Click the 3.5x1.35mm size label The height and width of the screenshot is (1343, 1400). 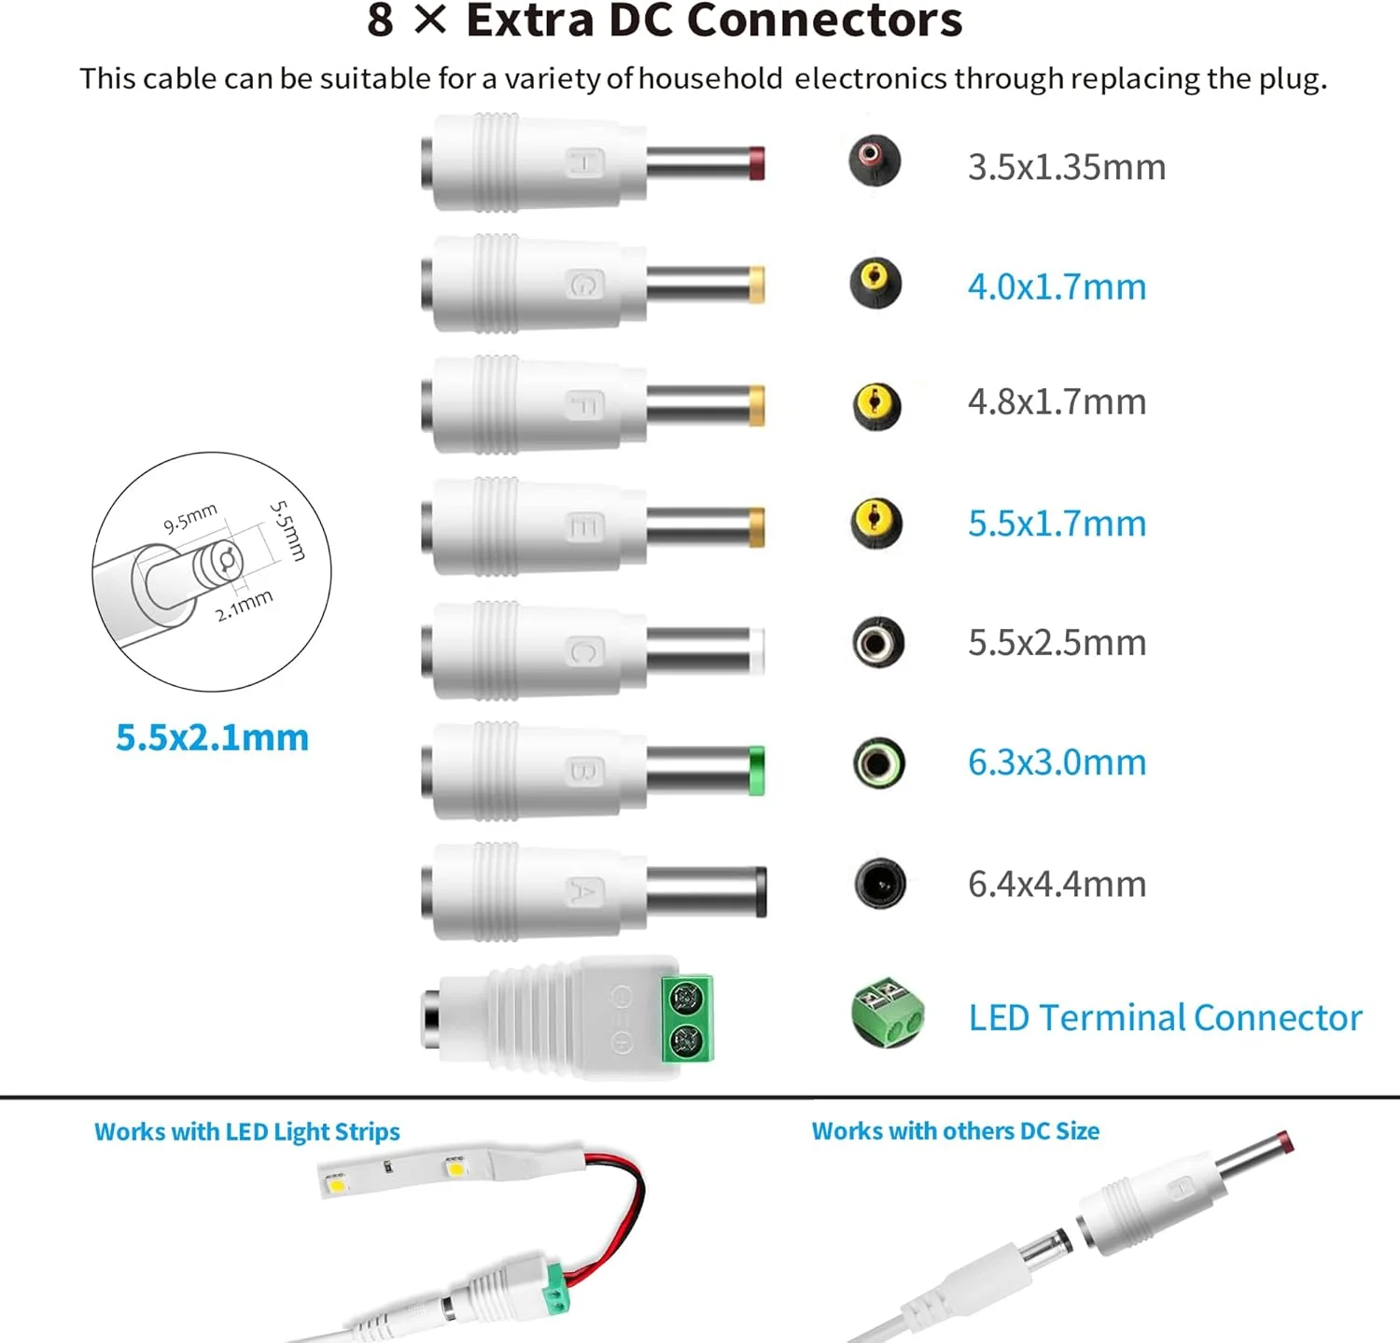pyautogui.click(x=1066, y=167)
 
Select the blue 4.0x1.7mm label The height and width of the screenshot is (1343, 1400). pyautogui.click(x=1057, y=287)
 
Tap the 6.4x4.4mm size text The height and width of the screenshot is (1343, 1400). pyautogui.click(x=1057, y=884)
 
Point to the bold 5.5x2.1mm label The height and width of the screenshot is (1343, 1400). pyautogui.click(x=212, y=737)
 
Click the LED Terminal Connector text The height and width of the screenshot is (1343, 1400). pyautogui.click(x=1165, y=1017)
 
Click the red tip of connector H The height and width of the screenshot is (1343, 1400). pyautogui.click(x=756, y=162)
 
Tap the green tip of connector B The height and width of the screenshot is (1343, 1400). pyautogui.click(x=756, y=771)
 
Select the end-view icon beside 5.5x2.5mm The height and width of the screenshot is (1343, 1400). pyautogui.click(x=878, y=642)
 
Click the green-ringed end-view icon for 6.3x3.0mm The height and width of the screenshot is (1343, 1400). pyautogui.click(x=879, y=763)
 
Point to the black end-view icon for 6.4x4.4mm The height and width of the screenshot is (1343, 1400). pyautogui.click(x=880, y=883)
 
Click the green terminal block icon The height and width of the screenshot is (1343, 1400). pyautogui.click(x=888, y=1014)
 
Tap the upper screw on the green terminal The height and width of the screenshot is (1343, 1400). pyautogui.click(x=687, y=997)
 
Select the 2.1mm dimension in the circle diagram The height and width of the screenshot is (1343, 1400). pyautogui.click(x=244, y=605)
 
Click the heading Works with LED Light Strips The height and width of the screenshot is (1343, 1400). pyautogui.click(x=246, y=1132)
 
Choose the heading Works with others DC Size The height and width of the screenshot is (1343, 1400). pyautogui.click(x=955, y=1131)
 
